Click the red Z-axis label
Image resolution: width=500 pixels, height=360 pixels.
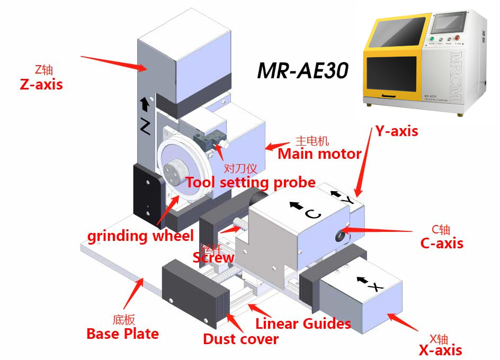point(41,84)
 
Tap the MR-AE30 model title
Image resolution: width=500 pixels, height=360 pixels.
point(302,70)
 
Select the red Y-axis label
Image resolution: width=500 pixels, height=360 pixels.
point(397,131)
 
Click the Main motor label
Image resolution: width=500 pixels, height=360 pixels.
point(319,154)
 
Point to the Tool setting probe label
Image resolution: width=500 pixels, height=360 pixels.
point(250,183)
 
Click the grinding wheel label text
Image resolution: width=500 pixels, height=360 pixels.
point(140,236)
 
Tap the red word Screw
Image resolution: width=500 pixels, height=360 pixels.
point(213,258)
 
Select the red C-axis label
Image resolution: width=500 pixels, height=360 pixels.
point(442,243)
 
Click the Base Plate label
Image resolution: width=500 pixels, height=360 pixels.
point(122,334)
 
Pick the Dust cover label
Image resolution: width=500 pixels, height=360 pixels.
point(241,339)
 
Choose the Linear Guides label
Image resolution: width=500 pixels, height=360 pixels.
point(303,323)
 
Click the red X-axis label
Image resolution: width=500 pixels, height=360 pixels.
point(440,350)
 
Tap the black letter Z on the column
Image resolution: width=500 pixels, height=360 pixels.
point(145,125)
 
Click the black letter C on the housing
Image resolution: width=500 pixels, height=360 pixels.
point(312,214)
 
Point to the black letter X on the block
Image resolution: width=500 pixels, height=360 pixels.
point(375,287)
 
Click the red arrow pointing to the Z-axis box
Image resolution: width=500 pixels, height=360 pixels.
point(113,61)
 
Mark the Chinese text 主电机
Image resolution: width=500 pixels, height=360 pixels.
point(312,141)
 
